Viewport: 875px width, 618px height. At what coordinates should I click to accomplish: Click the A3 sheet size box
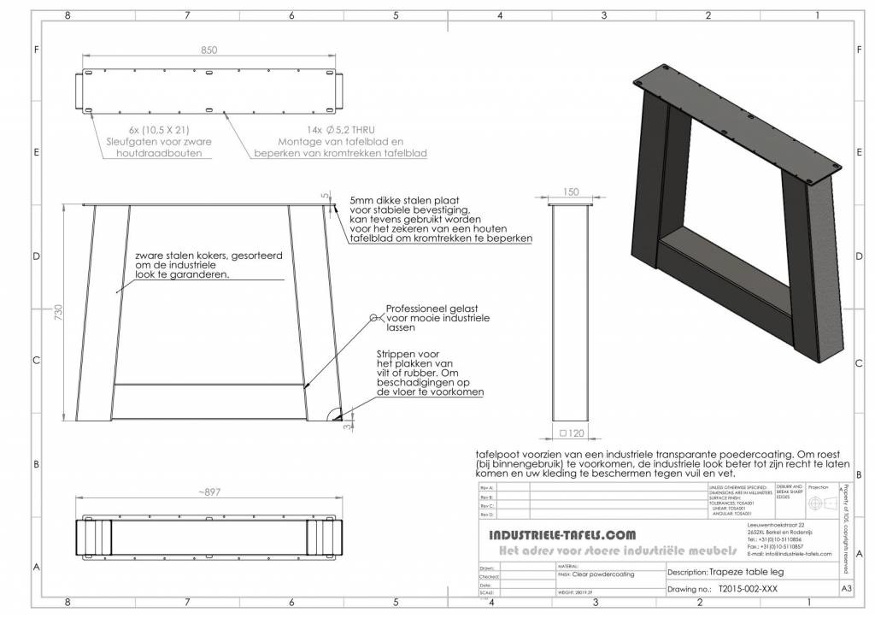(x=845, y=589)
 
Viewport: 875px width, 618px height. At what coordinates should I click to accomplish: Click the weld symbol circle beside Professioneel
(x=373, y=317)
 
